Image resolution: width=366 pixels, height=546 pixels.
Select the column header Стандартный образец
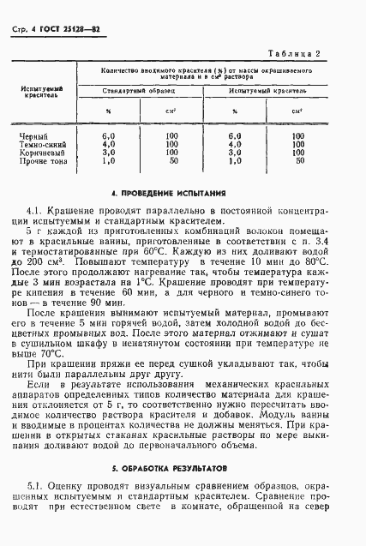137,89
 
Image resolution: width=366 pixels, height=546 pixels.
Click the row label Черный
33,135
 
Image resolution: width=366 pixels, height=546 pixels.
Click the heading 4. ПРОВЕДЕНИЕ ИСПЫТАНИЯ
183,195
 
